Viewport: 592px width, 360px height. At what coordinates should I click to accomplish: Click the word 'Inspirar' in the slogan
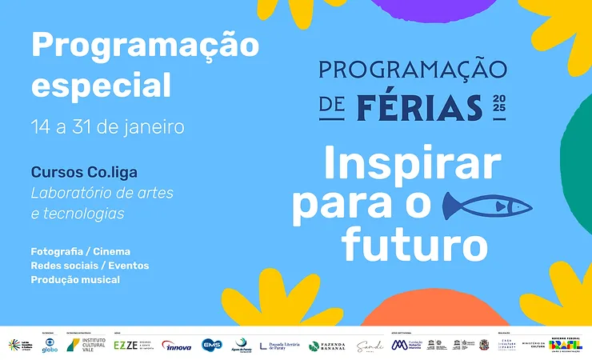[412, 165]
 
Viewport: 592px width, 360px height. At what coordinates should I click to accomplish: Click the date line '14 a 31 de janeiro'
[107, 126]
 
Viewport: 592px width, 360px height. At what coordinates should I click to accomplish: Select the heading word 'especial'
[101, 85]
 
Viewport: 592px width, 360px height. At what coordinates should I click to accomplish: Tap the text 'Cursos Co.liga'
[90, 172]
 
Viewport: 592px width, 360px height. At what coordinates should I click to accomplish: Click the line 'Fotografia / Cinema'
[80, 251]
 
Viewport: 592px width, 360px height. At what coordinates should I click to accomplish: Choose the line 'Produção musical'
[75, 280]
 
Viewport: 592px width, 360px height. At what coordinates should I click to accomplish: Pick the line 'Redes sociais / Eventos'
[90, 266]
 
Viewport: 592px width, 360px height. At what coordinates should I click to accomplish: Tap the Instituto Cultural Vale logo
[84, 345]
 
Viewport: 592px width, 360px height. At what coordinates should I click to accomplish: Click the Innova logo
[176, 345]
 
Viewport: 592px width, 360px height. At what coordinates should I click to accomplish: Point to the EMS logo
[211, 345]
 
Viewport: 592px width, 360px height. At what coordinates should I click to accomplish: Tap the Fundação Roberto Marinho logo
[407, 345]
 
